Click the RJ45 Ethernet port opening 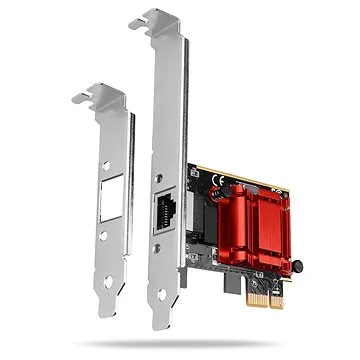tap(163, 212)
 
